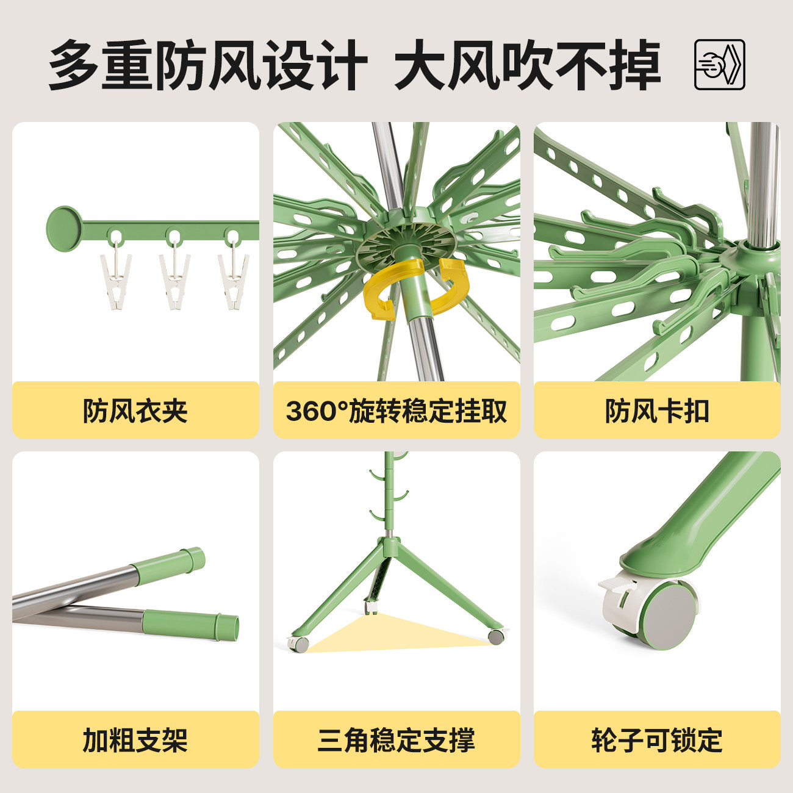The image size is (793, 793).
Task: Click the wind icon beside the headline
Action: [x=720, y=65]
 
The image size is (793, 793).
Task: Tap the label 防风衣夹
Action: [x=135, y=411]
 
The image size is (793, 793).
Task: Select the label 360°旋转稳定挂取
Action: [x=396, y=411]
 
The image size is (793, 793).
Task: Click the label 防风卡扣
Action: [x=657, y=411]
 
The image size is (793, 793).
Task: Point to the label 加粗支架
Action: [x=135, y=740]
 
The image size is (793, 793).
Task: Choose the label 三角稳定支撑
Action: [x=396, y=740]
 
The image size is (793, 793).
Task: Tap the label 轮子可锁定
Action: [x=657, y=740]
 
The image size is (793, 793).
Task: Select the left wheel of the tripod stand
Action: [x=300, y=644]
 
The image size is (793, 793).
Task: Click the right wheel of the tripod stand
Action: [x=496, y=636]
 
